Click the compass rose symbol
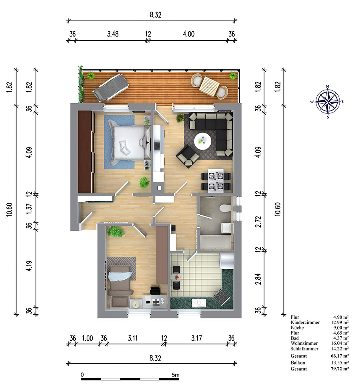coord(328,101)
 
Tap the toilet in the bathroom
coord(225,208)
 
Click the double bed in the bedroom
coord(130,142)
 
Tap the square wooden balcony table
coord(209,86)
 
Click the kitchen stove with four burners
coord(221,297)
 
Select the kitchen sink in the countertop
coord(199,303)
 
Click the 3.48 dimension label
coord(113,34)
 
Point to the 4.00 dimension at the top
coord(189,34)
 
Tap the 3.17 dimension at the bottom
coord(197,338)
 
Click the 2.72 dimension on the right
coord(258,221)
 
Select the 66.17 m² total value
coord(340,356)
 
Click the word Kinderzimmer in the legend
coord(305,322)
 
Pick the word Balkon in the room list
coord(298,362)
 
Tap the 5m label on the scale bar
coord(176,375)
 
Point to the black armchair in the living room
coord(188,156)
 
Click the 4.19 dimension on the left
coord(29,266)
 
